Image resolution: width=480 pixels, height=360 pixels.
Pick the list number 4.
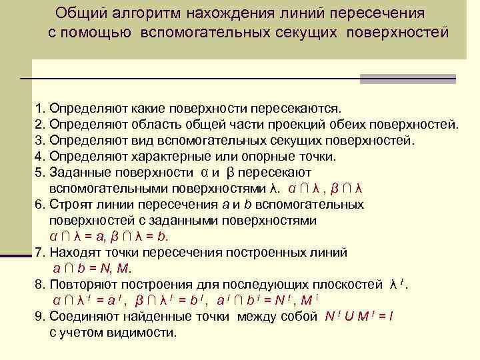click(37, 157)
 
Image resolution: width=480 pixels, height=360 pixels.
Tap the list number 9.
click(37, 316)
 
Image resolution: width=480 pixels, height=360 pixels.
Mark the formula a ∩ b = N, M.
click(93, 268)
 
